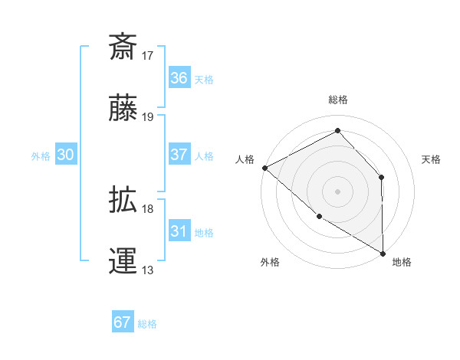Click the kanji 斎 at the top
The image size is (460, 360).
123,47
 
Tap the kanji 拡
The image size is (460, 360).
123,201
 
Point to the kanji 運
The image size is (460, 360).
123,261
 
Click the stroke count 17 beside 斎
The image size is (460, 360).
148,55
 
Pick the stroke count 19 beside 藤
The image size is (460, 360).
148,116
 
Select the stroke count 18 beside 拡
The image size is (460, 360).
148,208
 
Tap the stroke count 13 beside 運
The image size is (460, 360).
148,270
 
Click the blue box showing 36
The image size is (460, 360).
179,78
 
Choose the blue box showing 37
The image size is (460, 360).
179,154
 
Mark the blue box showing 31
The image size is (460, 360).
179,231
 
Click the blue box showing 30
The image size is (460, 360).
66,155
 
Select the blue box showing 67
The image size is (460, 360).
123,322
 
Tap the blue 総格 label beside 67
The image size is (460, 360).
147,324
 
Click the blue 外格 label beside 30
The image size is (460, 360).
41,155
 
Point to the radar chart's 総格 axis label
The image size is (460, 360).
338,100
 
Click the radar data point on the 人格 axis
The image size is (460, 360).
264,168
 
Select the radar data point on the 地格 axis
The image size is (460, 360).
382,253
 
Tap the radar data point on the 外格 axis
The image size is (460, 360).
319,216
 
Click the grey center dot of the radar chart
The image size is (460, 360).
338,191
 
